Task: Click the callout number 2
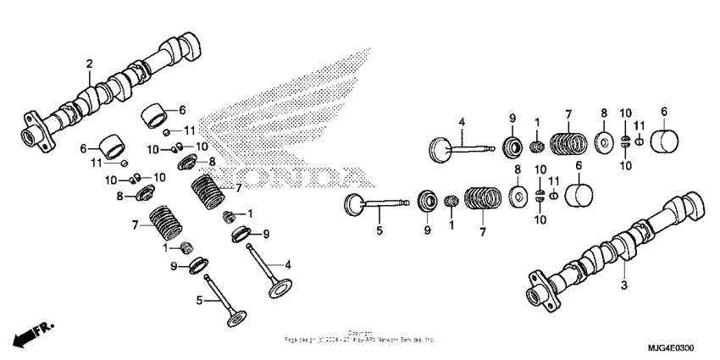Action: (90, 64)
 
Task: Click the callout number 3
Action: (623, 285)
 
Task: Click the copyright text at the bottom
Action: (360, 337)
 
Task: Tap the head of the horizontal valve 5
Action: (355, 203)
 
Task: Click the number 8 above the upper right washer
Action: (604, 113)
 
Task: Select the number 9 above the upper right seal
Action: (511, 117)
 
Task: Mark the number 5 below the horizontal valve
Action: (379, 230)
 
